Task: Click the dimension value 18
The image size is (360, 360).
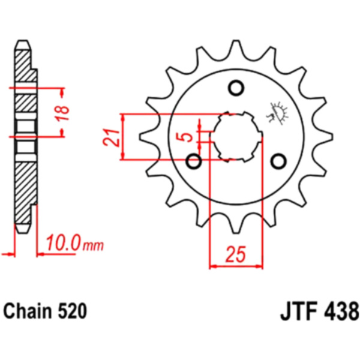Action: click(62, 113)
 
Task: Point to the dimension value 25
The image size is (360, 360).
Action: click(236, 254)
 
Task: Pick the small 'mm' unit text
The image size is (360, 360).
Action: click(93, 245)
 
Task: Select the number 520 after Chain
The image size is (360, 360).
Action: click(73, 311)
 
